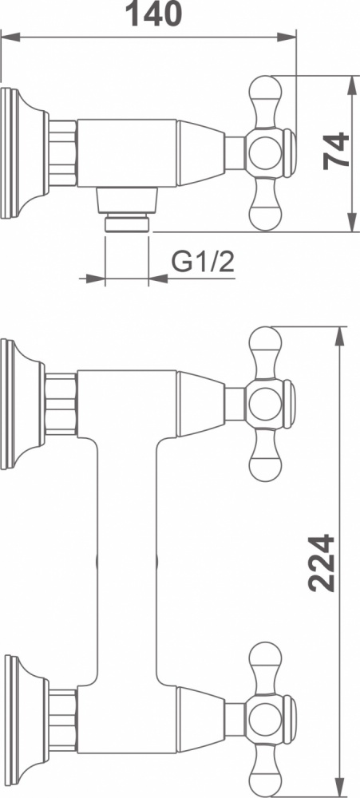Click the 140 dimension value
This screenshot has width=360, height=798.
153,14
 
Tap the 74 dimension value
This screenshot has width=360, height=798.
337,150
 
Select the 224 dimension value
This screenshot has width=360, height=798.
322,563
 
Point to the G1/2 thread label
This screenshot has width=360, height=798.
203,263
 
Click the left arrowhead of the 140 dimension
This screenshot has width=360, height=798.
10,37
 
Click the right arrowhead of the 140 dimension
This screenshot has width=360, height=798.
287,37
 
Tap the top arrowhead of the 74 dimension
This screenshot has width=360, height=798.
352,85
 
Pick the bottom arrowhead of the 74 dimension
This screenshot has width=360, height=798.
352,223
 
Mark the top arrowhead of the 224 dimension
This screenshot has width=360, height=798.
339,337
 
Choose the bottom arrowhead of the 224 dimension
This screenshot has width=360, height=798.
339,788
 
